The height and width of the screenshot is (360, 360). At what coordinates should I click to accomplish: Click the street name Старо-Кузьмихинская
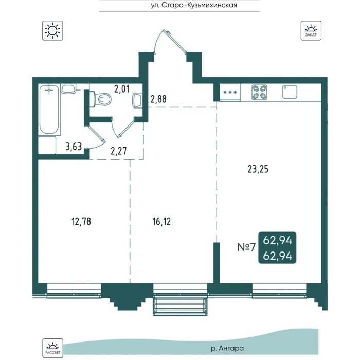point(200,5)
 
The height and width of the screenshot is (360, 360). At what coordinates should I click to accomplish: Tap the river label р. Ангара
point(227,348)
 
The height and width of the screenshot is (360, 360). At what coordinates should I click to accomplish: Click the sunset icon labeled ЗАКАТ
point(311,30)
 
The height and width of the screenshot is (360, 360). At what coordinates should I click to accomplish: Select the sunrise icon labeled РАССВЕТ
point(52,348)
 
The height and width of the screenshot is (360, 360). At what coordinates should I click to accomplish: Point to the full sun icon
point(52,30)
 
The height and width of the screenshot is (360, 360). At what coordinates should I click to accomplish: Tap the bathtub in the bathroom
point(49,110)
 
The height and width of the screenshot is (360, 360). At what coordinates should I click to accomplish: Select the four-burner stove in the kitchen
point(259,92)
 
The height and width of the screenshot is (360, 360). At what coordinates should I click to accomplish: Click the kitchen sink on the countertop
point(290,92)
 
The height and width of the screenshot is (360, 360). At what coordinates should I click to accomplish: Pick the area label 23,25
point(258,169)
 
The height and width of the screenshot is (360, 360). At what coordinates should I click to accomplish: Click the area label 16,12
point(161,222)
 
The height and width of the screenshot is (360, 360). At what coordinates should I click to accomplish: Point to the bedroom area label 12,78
point(81,222)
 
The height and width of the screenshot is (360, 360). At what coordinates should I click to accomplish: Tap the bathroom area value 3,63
point(74,147)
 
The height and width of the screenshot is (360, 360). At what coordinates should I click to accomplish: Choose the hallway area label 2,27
point(118,151)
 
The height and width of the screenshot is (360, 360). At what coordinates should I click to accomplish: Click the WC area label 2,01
point(122,89)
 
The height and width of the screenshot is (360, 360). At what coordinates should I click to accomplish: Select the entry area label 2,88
point(158,99)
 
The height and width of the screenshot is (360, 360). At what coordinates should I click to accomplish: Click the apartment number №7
point(246,247)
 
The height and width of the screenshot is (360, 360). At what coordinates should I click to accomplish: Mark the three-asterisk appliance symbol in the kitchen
point(230,93)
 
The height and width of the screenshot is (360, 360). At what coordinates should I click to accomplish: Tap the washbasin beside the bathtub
point(68,88)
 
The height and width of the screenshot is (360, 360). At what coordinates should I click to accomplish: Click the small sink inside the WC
point(137,100)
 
